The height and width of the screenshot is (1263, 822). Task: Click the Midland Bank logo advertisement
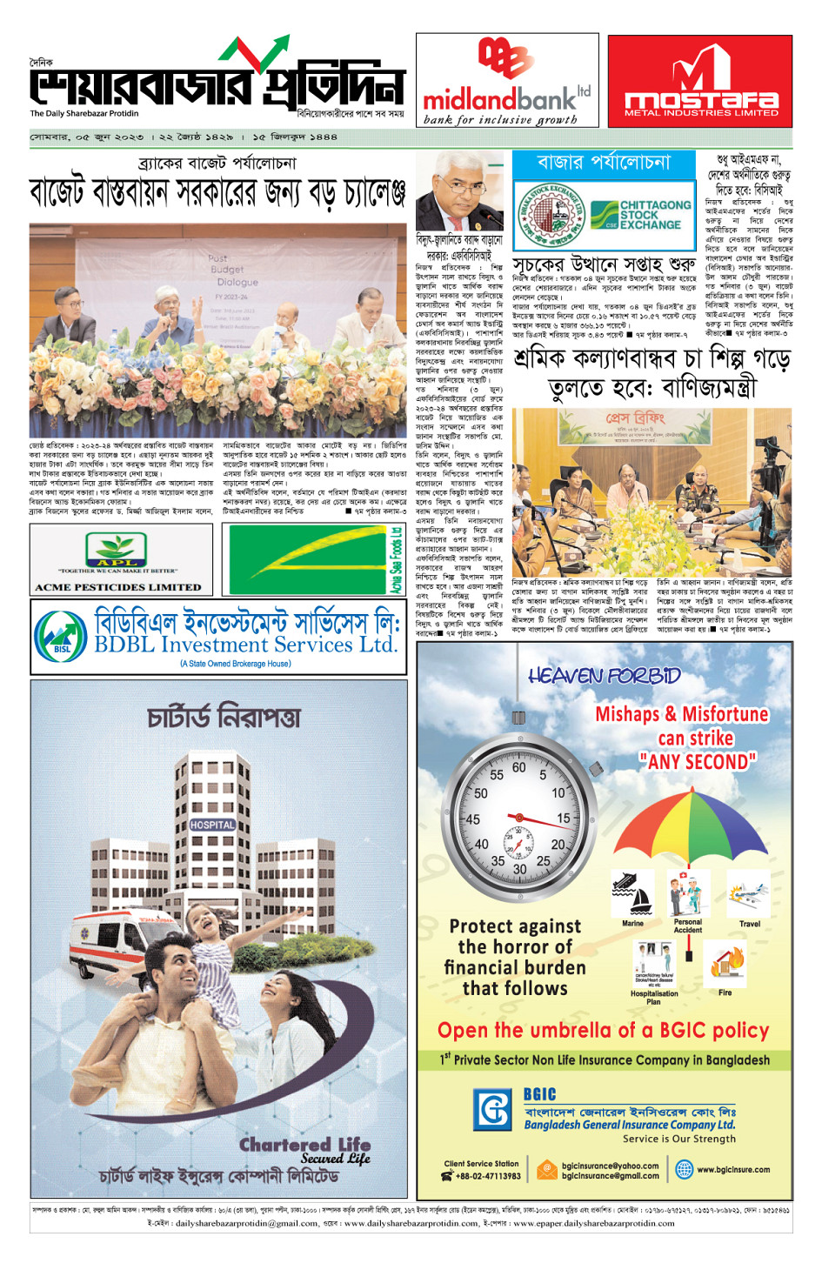point(507,81)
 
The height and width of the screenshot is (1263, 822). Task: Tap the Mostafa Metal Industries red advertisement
point(700,81)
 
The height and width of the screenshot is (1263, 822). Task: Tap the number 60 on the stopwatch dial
point(518,768)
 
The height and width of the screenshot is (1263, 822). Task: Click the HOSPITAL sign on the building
point(212,825)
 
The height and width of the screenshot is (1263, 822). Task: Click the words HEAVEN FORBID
point(604,676)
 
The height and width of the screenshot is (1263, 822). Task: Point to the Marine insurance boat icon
point(632,896)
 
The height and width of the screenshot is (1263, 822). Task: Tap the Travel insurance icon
point(749,896)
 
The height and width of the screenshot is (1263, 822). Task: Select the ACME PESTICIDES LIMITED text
point(117,587)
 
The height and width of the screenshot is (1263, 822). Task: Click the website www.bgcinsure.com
point(732,1170)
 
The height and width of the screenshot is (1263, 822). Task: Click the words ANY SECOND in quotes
point(697,762)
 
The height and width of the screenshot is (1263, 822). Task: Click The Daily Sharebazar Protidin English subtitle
point(84,113)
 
